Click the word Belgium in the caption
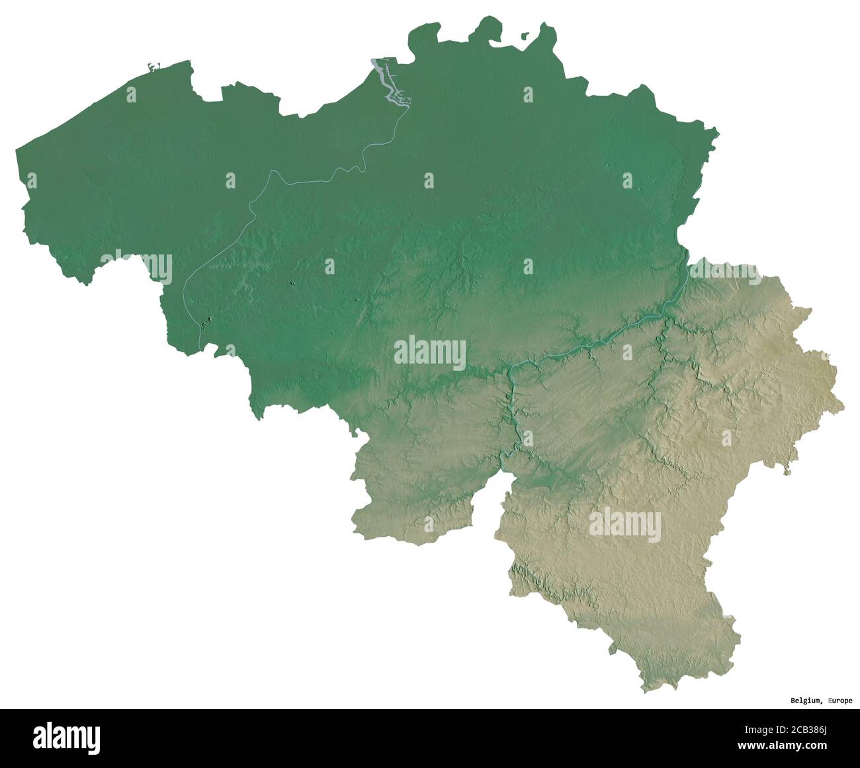pos(806,700)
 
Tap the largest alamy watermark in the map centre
pos(429,352)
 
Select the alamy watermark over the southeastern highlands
pos(624,524)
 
